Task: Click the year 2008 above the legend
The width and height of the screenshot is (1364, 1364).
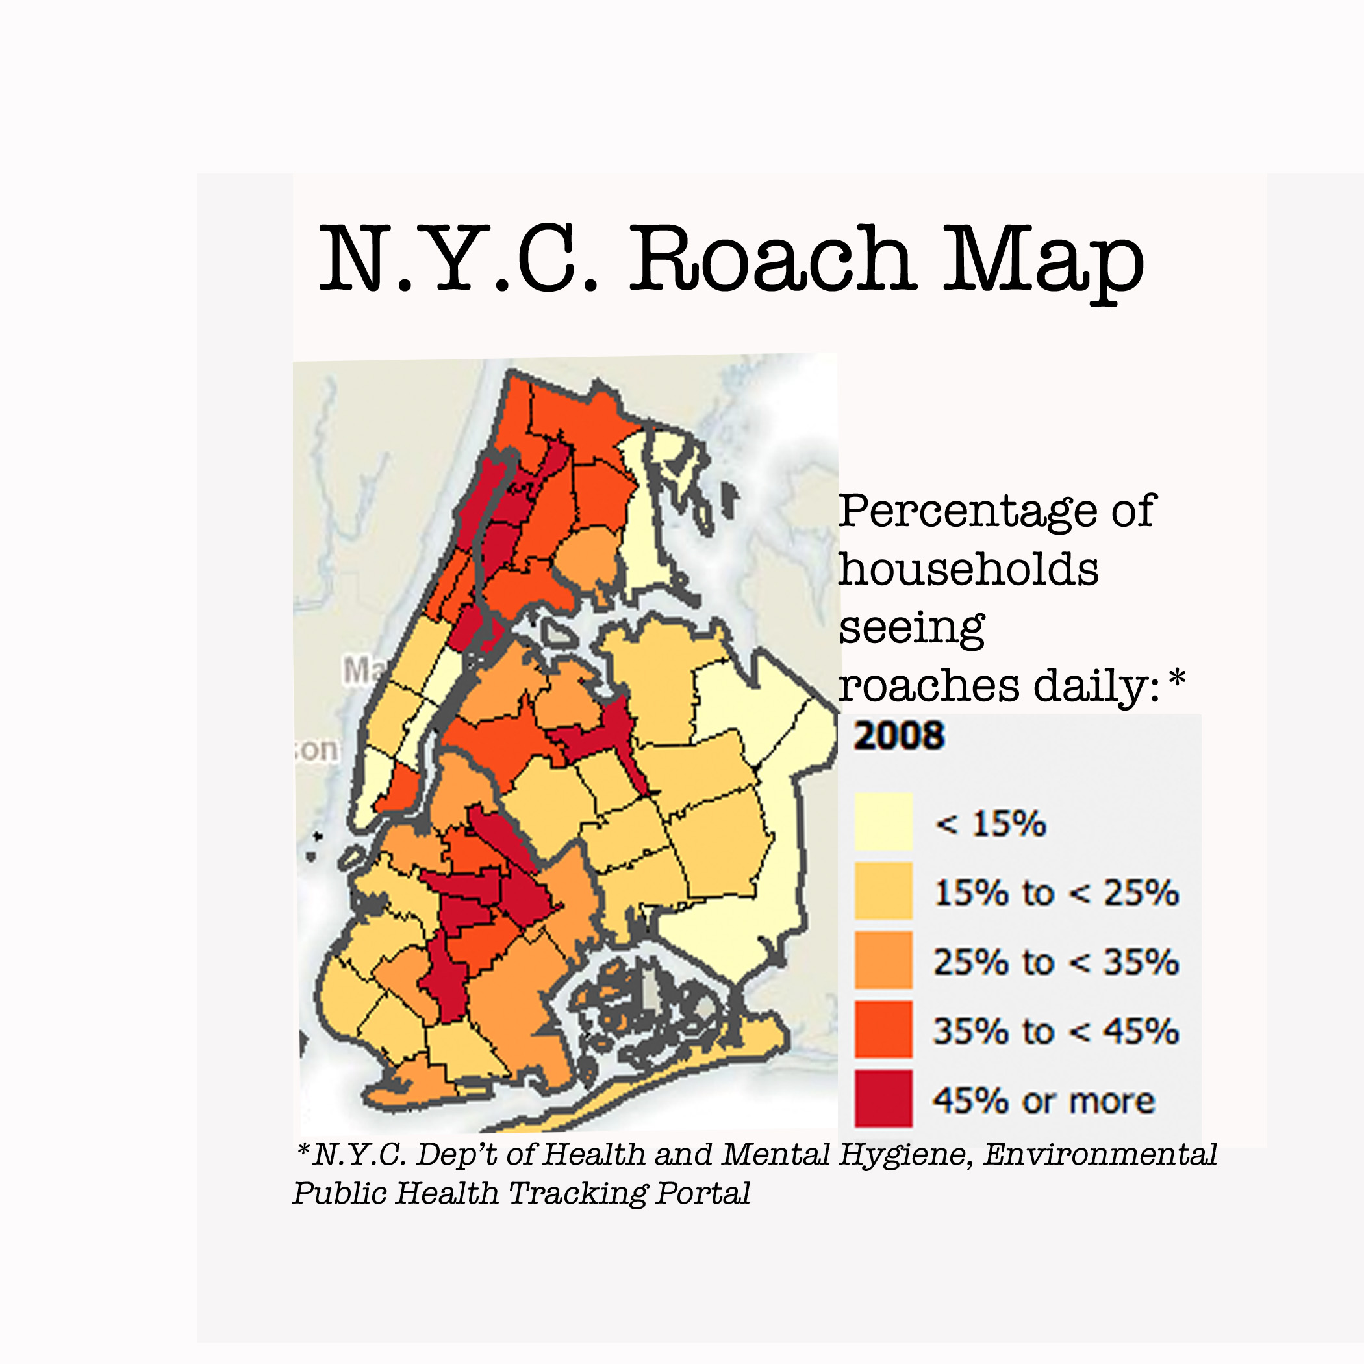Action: pos(899,737)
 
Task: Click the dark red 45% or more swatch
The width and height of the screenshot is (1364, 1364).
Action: pos(883,1098)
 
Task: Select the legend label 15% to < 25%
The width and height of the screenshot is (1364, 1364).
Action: pos(1056,893)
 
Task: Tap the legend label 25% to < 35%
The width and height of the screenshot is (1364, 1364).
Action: pos(1056,961)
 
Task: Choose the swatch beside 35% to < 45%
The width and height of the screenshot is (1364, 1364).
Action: pos(883,1030)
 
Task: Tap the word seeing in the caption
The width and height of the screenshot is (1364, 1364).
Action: pos(911,628)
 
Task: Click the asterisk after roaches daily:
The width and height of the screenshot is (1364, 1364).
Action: pos(1177,679)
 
